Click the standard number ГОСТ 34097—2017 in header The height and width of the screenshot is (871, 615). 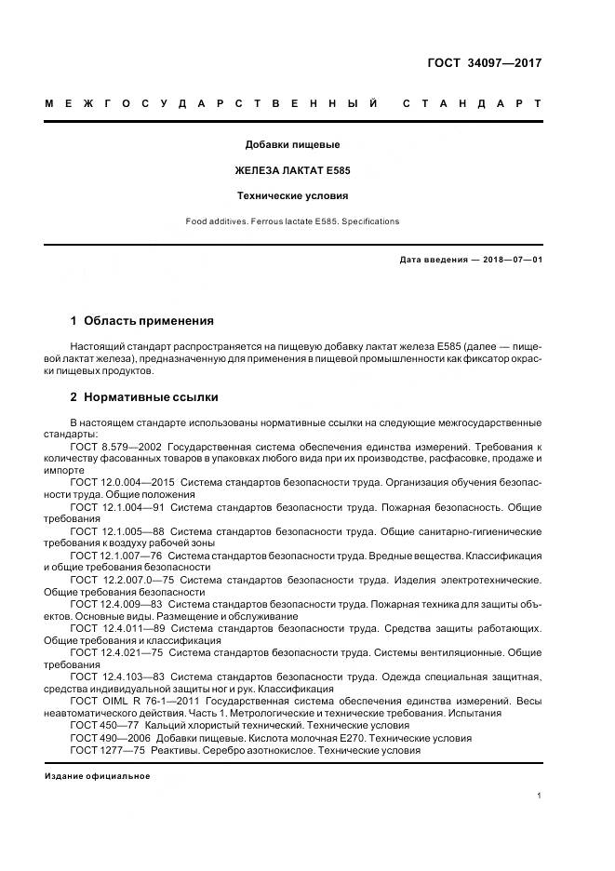[x=484, y=63]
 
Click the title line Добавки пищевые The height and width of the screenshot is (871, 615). [x=292, y=144]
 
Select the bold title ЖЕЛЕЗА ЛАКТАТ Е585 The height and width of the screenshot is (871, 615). [x=292, y=170]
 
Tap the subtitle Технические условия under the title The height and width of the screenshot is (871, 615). [x=292, y=196]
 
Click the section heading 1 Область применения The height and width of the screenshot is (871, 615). [x=141, y=321]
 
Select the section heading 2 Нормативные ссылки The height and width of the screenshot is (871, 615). [x=144, y=397]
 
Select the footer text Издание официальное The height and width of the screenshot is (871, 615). [x=98, y=775]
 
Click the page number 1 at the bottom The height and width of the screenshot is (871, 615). [x=540, y=795]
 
